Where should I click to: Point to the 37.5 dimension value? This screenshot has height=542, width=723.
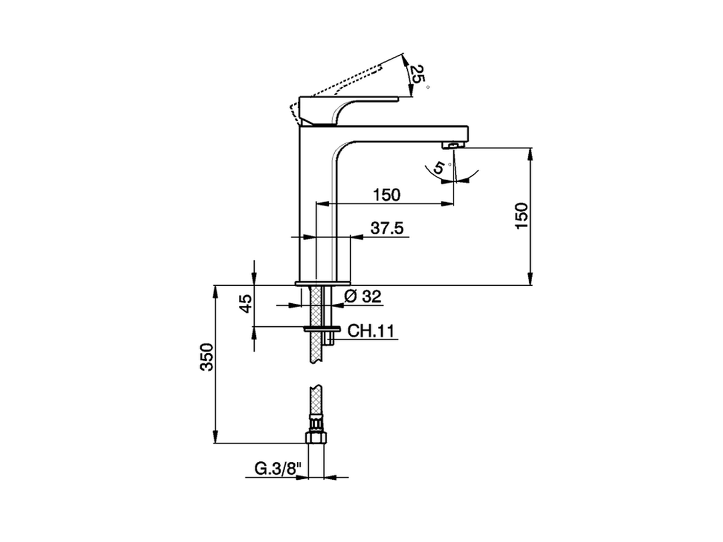(386, 228)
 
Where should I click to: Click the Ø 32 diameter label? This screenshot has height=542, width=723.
(363, 296)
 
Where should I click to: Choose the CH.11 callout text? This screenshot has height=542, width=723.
(370, 331)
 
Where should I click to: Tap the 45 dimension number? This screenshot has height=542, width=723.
(245, 304)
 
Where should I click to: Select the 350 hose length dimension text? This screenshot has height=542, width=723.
(207, 357)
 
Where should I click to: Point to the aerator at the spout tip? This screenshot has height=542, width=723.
(452, 146)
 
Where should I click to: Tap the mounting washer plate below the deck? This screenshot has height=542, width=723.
(322, 328)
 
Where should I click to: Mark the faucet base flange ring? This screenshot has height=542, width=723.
(323, 282)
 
